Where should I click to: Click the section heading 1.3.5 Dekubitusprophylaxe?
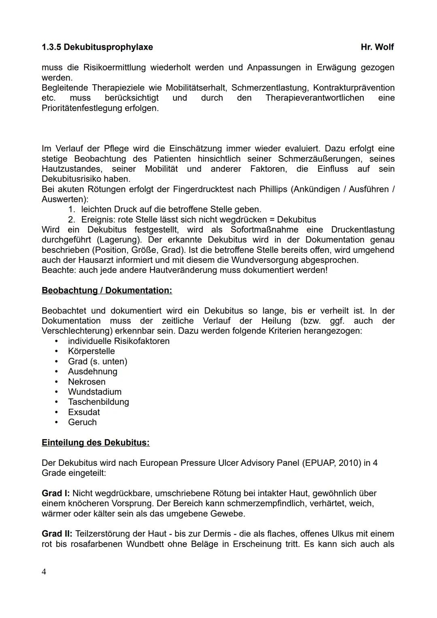point(97,47)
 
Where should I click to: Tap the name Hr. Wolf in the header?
point(377,47)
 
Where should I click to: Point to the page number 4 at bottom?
point(44,572)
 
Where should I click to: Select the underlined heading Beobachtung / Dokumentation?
point(107,291)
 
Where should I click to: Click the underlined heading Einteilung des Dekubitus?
point(95,442)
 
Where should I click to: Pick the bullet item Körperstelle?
point(91,351)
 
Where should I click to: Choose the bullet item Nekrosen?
point(87,382)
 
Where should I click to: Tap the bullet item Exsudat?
point(84,412)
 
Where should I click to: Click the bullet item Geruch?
point(82,422)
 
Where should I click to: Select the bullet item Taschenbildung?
point(98,402)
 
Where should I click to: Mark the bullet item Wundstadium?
point(95,392)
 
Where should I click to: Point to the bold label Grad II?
point(57,534)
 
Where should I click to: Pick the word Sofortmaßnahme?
point(265,230)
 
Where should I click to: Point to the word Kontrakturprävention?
point(354,88)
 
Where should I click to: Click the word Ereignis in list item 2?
point(98,220)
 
